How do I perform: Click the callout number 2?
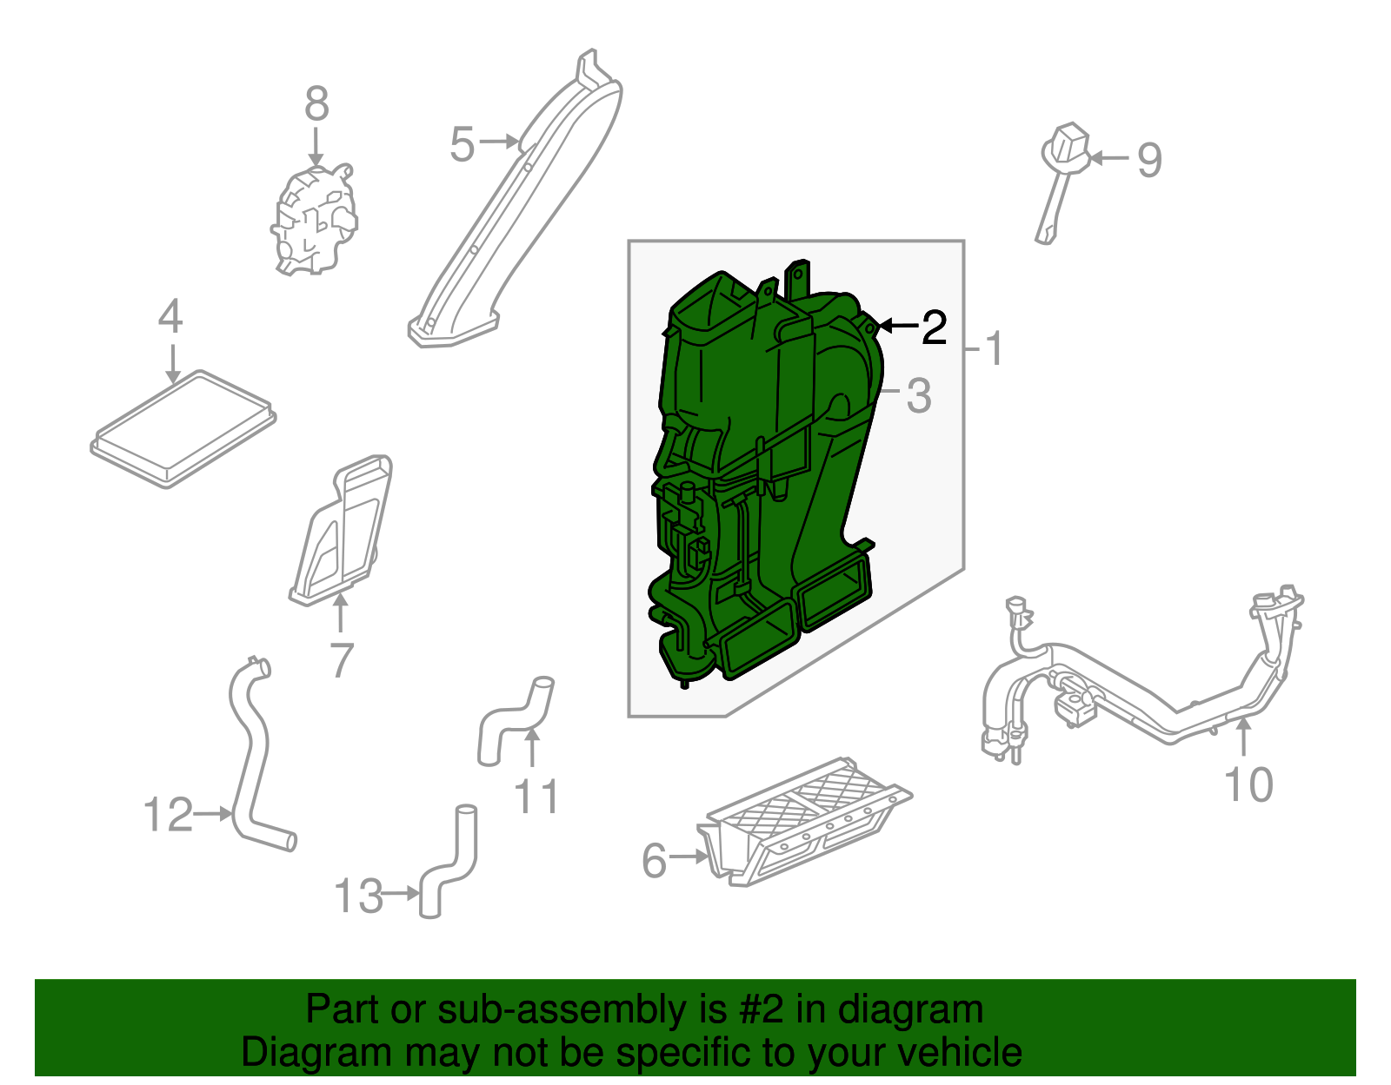point(934,327)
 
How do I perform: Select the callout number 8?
point(316,103)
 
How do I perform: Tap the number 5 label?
point(463,144)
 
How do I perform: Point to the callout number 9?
point(1149,161)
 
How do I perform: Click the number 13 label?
point(359,895)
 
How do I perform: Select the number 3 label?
point(919,396)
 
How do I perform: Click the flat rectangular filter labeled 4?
point(183,428)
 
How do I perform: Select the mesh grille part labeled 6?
point(805,823)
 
